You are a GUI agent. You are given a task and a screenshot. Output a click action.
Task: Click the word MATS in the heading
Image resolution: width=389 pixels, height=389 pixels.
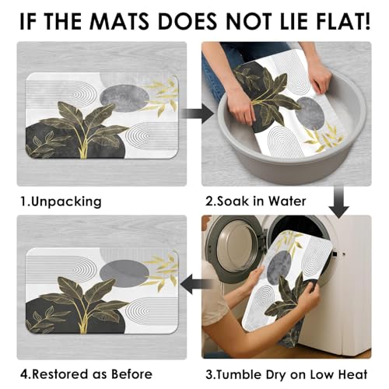point(119,21)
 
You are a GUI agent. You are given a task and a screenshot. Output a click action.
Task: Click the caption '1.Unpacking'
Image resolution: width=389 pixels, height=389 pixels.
point(61,202)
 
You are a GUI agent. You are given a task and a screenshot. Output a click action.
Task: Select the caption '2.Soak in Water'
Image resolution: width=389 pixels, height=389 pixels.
point(256,202)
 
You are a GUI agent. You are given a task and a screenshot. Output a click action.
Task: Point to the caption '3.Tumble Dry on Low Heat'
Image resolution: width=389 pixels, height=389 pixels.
point(286,374)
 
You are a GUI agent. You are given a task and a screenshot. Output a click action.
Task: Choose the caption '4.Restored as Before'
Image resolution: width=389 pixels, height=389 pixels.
point(86,374)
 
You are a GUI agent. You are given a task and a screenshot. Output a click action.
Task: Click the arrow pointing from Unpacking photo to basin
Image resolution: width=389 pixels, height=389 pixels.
point(197,114)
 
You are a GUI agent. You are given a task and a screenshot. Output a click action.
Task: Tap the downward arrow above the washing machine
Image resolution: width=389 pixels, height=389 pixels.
point(339,202)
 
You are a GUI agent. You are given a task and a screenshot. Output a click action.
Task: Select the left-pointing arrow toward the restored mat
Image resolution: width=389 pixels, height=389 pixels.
point(196,285)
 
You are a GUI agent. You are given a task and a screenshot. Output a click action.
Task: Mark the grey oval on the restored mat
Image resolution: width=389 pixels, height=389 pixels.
point(124,274)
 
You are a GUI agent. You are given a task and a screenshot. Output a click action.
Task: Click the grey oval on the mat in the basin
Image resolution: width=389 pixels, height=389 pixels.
point(310,114)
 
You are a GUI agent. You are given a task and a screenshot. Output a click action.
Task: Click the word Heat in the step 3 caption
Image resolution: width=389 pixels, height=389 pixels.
point(353,374)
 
